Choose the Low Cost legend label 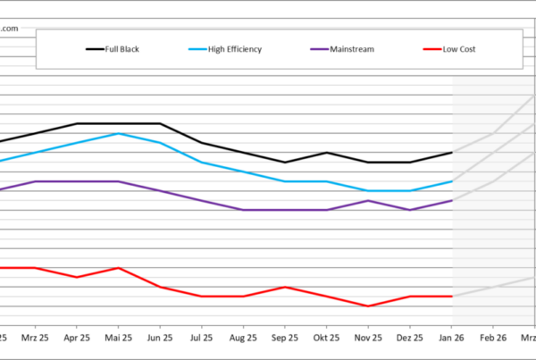pyautogui.click(x=459, y=49)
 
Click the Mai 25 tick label pyautogui.click(x=119, y=339)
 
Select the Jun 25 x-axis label pyautogui.click(x=160, y=339)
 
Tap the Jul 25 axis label pyautogui.click(x=201, y=339)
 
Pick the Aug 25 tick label pyautogui.click(x=243, y=339)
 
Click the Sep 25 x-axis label pyautogui.click(x=284, y=339)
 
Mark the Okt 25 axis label pyautogui.click(x=326, y=339)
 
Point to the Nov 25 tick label pyautogui.click(x=368, y=339)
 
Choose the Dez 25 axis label pyautogui.click(x=409, y=339)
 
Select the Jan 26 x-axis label pyautogui.click(x=451, y=339)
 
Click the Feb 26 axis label pyautogui.click(x=492, y=339)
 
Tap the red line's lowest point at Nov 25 pyautogui.click(x=368, y=306)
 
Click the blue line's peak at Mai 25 pyautogui.click(x=119, y=133)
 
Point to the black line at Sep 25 pyautogui.click(x=284, y=163)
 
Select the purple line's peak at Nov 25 pyautogui.click(x=368, y=200)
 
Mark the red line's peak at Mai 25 pyautogui.click(x=119, y=268)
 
